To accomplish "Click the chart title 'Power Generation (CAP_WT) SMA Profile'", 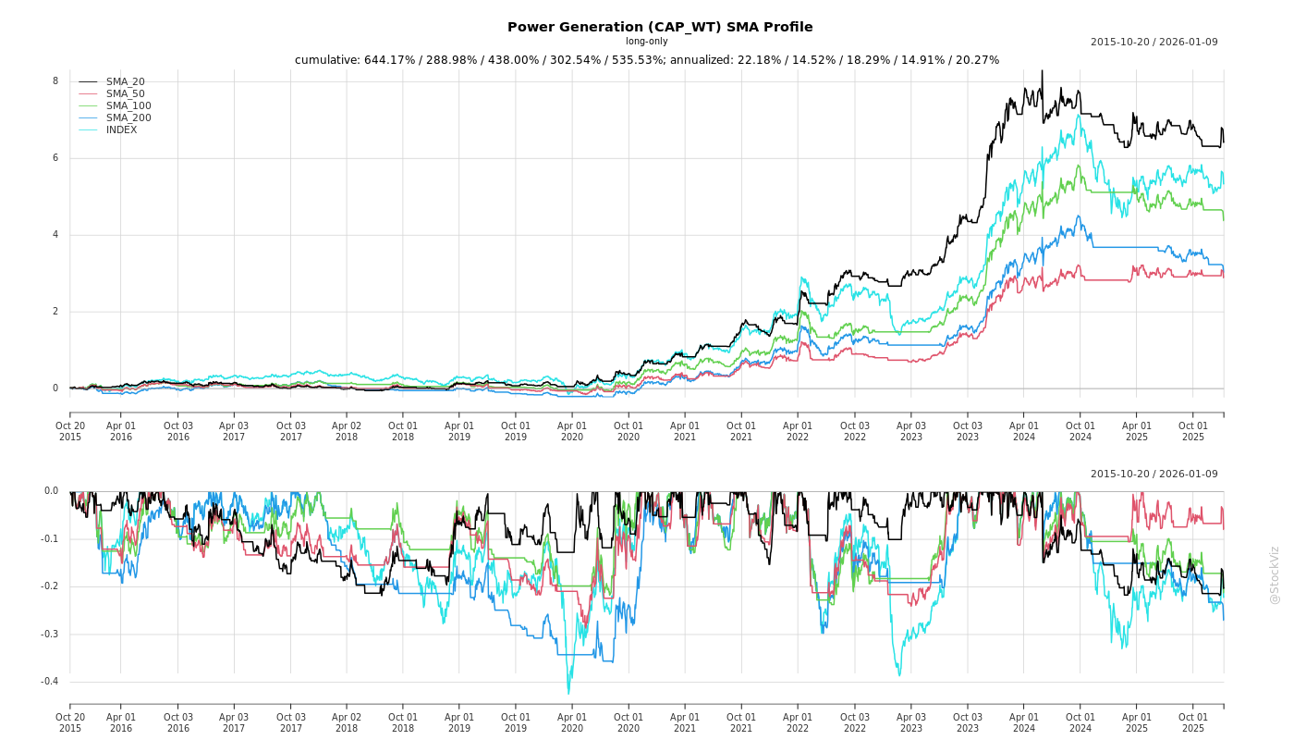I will [x=660, y=27].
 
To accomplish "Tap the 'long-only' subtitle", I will [x=646, y=42].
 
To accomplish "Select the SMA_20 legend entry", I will [x=125, y=82].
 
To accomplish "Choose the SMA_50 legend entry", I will [x=125, y=94].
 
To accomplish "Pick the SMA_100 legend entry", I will [x=128, y=106].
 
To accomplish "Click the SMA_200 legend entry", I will [x=128, y=118].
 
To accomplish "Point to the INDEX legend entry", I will [x=121, y=130].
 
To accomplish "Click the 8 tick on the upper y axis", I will [x=55, y=81].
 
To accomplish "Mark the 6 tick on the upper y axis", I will [x=55, y=158].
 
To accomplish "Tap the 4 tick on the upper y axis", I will [x=55, y=235].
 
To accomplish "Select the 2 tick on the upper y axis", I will [x=55, y=312].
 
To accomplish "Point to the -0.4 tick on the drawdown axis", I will [x=50, y=682].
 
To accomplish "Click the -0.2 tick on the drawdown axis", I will [x=50, y=586].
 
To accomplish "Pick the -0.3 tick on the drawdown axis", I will [x=50, y=635].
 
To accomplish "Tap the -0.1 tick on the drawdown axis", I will [x=50, y=539].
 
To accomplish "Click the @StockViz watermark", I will [x=1275, y=574].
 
